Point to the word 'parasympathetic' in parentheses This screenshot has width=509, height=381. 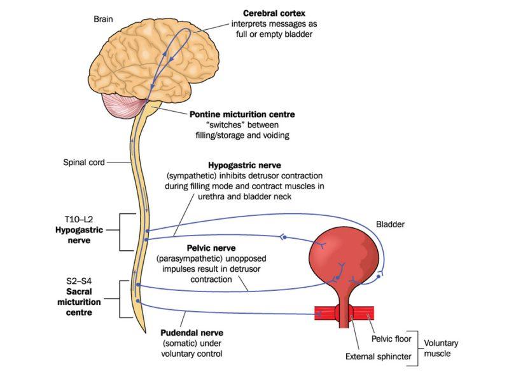193,259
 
